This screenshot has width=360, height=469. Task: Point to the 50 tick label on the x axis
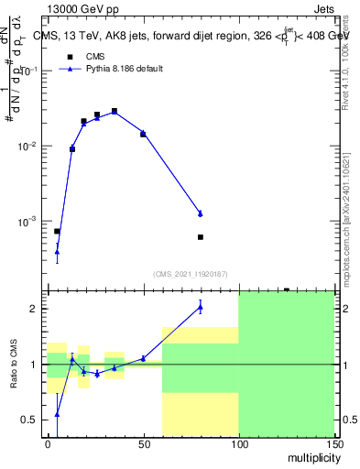tap(143, 442)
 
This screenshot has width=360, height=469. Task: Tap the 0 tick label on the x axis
tap(48, 442)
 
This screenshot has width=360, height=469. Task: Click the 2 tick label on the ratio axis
tap(37, 309)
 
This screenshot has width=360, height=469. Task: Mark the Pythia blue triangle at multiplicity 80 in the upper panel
tap(200, 213)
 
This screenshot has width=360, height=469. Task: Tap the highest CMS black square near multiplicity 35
tap(115, 111)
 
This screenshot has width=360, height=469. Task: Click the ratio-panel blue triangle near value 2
tap(200, 307)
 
